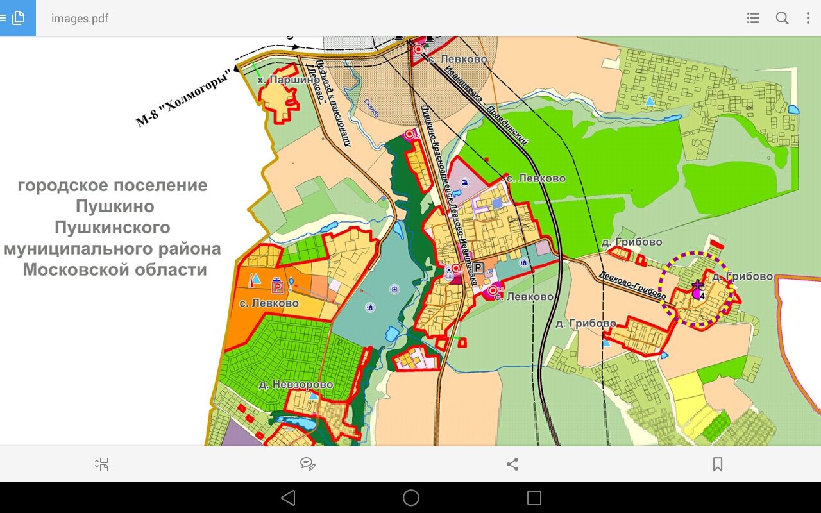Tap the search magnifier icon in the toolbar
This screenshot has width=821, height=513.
pyautogui.click(x=782, y=18)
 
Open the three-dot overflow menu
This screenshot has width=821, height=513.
pyautogui.click(x=808, y=18)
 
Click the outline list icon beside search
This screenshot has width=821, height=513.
pyautogui.click(x=754, y=18)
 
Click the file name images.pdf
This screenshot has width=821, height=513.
pyautogui.click(x=80, y=18)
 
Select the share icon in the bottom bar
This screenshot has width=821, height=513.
pyautogui.click(x=512, y=464)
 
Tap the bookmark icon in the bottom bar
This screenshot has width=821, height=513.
pyautogui.click(x=718, y=464)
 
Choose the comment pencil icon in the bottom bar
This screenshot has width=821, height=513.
pyautogui.click(x=308, y=464)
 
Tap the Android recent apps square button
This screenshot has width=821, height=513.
pyautogui.click(x=534, y=498)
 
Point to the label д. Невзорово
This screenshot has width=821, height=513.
pyautogui.click(x=296, y=384)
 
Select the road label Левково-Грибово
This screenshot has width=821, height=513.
pyautogui.click(x=632, y=285)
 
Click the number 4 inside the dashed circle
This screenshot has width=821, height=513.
pyautogui.click(x=703, y=296)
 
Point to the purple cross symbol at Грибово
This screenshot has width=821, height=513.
pyautogui.click(x=698, y=284)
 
